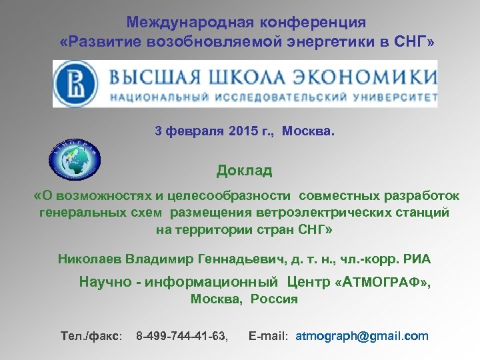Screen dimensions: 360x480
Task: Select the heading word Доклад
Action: (244, 171)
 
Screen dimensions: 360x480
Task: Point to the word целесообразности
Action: (233, 196)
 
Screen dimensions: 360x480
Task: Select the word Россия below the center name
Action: (274, 299)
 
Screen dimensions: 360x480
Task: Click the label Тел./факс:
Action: (91, 336)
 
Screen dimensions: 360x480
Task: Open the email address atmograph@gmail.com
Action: (361, 336)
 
